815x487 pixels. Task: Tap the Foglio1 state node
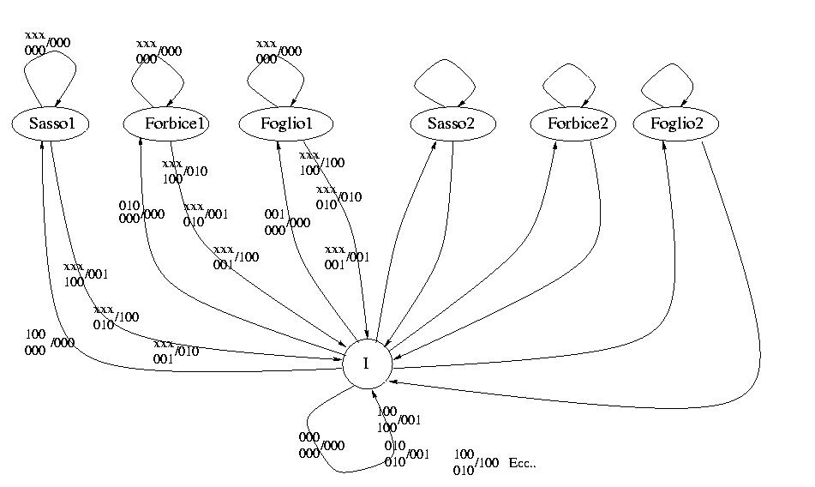click(285, 124)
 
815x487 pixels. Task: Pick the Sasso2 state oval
click(452, 124)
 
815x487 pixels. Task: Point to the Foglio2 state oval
click(677, 124)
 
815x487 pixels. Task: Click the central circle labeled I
click(367, 364)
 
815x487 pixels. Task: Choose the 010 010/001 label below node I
click(405, 452)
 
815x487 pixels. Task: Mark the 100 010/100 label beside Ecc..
click(476, 461)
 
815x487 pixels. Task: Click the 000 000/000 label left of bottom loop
click(321, 442)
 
